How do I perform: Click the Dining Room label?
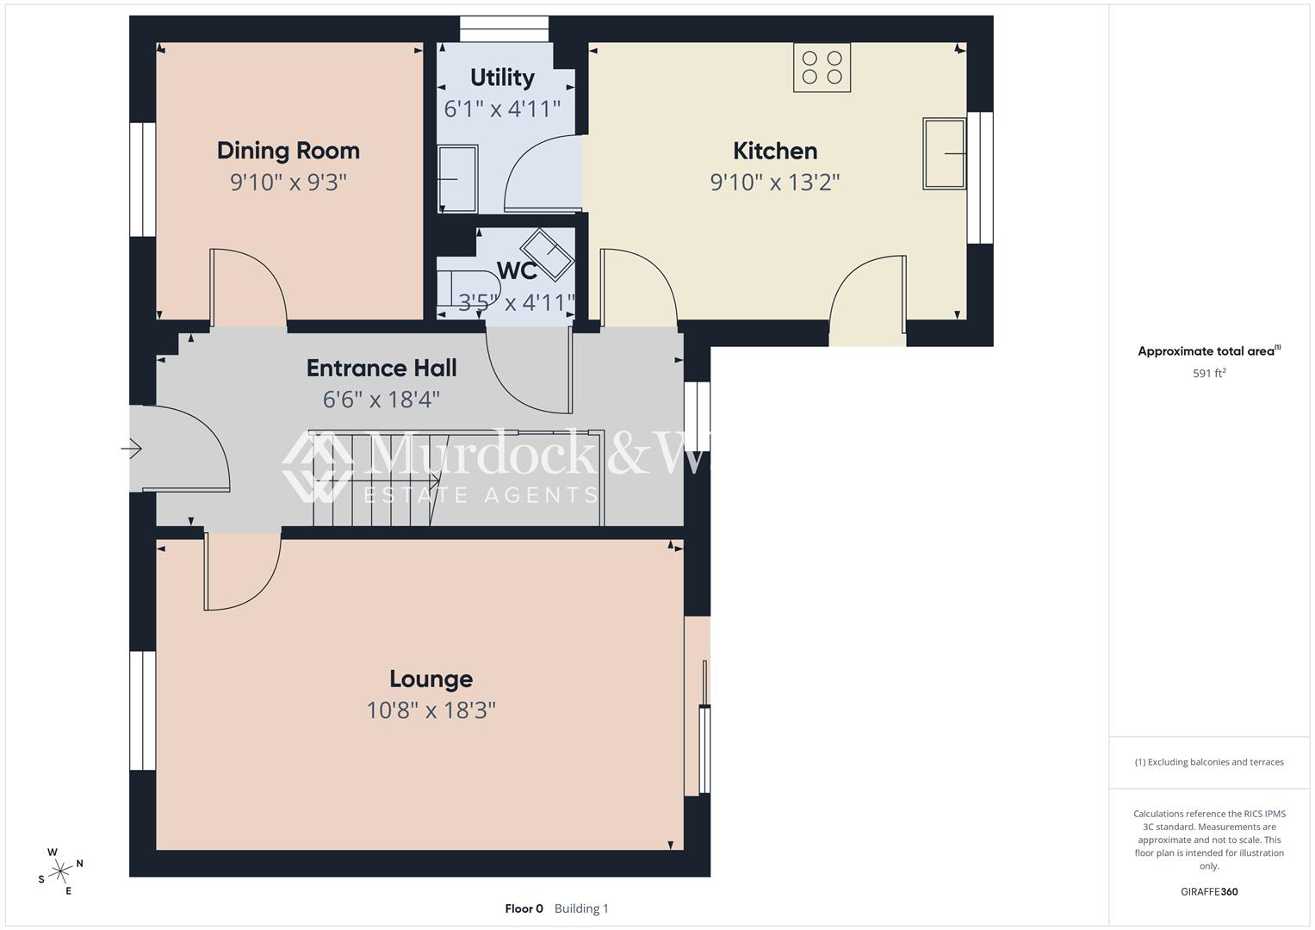pyautogui.click(x=288, y=151)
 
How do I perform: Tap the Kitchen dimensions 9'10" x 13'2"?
pyautogui.click(x=775, y=182)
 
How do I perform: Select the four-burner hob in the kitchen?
pyautogui.click(x=822, y=67)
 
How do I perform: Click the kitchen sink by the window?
pyautogui.click(x=944, y=154)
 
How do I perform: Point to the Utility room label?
pyautogui.click(x=502, y=77)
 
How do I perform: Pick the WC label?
pyautogui.click(x=517, y=270)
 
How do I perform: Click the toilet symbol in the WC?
pyautogui.click(x=468, y=287)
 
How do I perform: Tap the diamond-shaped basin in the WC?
pyautogui.click(x=547, y=255)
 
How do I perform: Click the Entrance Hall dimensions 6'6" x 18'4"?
pyautogui.click(x=381, y=400)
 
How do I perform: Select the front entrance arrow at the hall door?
pyautogui.click(x=132, y=449)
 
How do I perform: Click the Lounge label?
pyautogui.click(x=431, y=679)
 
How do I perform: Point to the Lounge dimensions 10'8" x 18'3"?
pyautogui.click(x=431, y=710)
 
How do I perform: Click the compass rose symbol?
pyautogui.click(x=60, y=871)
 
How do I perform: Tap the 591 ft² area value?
pyautogui.click(x=1209, y=373)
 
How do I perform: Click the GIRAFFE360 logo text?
pyautogui.click(x=1209, y=891)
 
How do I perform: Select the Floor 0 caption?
pyautogui.click(x=524, y=908)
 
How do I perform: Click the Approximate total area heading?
pyautogui.click(x=1209, y=351)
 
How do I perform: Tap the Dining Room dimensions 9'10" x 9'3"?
pyautogui.click(x=288, y=182)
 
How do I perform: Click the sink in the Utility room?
pyautogui.click(x=458, y=178)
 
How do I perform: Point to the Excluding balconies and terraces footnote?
pyautogui.click(x=1209, y=762)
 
